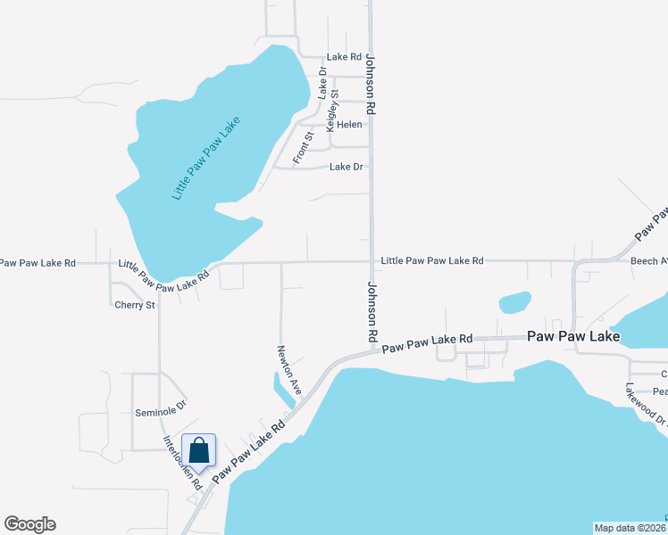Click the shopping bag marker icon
pos(198,450)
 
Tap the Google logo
pos(29,524)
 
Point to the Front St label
pos(303,148)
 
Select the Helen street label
pos(348,125)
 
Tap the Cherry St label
pos(135,305)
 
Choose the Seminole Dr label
pos(160,413)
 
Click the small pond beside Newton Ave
pos(284,390)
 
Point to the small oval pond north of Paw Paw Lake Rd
pos(514,302)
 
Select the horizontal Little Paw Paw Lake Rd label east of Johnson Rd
pos(431,261)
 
